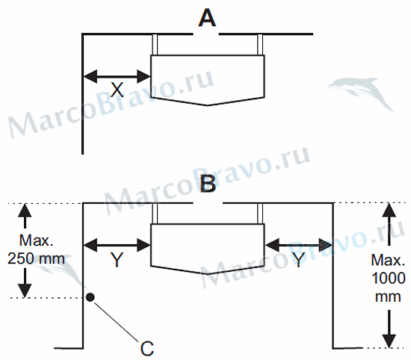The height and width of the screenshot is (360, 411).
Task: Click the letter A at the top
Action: pyautogui.click(x=207, y=18)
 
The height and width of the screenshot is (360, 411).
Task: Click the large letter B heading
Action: pyautogui.click(x=208, y=184)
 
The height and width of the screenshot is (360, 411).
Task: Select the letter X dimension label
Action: pyautogui.click(x=117, y=90)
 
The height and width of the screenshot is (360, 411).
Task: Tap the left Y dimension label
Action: pyautogui.click(x=117, y=259)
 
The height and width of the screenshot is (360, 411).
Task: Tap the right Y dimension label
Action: pyautogui.click(x=299, y=259)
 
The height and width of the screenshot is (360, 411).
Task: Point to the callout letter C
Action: pyautogui.click(x=147, y=348)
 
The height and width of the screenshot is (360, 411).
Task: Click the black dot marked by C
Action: pyautogui.click(x=90, y=297)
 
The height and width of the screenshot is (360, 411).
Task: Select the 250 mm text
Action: pyautogui.click(x=36, y=259)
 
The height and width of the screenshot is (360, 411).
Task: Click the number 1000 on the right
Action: pyautogui.click(x=389, y=279)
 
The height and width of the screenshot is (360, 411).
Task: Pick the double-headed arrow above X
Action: pyautogui.click(x=117, y=76)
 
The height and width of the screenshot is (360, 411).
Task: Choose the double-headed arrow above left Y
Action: pyautogui.click(x=117, y=245)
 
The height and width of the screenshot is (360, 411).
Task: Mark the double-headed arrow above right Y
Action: pyautogui.click(x=299, y=245)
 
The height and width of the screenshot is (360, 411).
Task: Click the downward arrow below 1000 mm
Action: pyautogui.click(x=389, y=329)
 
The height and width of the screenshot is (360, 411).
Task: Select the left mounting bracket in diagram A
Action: pyautogui.click(x=155, y=45)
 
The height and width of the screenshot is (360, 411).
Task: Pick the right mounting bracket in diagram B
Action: pyautogui.click(x=260, y=214)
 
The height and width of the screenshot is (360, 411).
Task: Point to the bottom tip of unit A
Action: pyautogui.click(x=208, y=105)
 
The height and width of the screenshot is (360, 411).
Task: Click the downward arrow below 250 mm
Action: pyautogui.click(x=25, y=283)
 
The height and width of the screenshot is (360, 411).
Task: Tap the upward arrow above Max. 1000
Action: pyautogui.click(x=389, y=225)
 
